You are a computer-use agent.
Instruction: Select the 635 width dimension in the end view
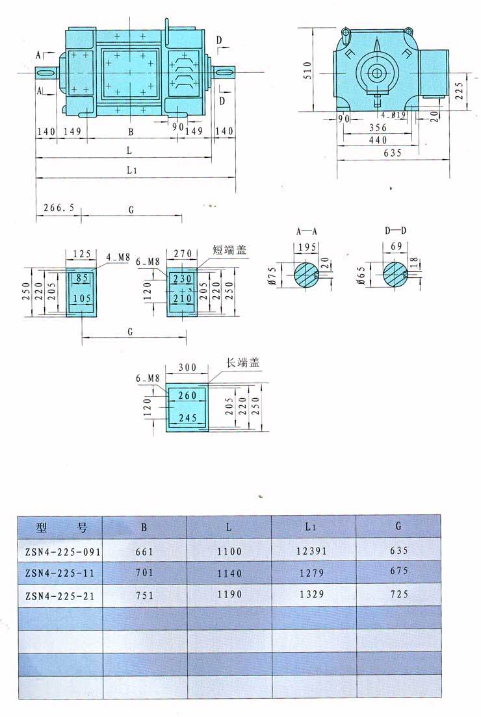coord(392,153)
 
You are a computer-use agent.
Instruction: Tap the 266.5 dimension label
coord(59,208)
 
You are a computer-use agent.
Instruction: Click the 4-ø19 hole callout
coord(395,115)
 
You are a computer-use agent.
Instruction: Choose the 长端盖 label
coord(242,363)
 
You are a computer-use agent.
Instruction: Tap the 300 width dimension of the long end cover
coord(187,368)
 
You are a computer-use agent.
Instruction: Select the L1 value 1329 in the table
coord(313,595)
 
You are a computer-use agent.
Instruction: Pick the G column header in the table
coord(398,526)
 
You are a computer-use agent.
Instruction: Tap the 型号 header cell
coord(60,527)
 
